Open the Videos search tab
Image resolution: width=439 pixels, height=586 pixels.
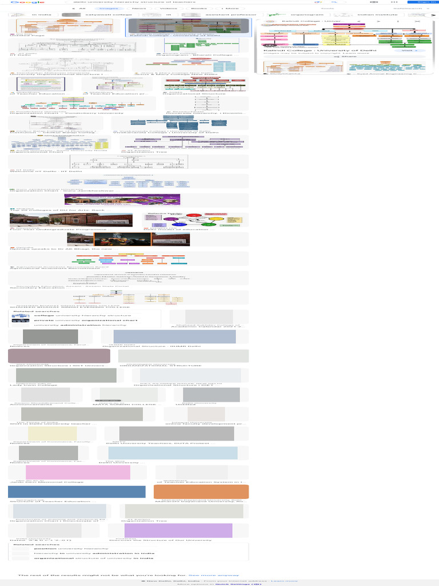168,9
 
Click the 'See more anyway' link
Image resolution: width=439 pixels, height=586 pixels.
214,575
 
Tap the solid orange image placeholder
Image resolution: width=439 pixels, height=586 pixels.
201,492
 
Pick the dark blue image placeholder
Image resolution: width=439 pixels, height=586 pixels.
77,492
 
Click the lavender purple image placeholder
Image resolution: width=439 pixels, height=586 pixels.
178,530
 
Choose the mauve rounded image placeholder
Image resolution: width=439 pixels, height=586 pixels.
59,356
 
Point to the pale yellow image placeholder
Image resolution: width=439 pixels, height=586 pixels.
53,434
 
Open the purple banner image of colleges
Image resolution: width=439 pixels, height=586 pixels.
122,199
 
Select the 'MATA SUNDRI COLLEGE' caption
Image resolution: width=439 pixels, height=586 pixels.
124,405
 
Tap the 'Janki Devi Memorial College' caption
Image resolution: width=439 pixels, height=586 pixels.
46,482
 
